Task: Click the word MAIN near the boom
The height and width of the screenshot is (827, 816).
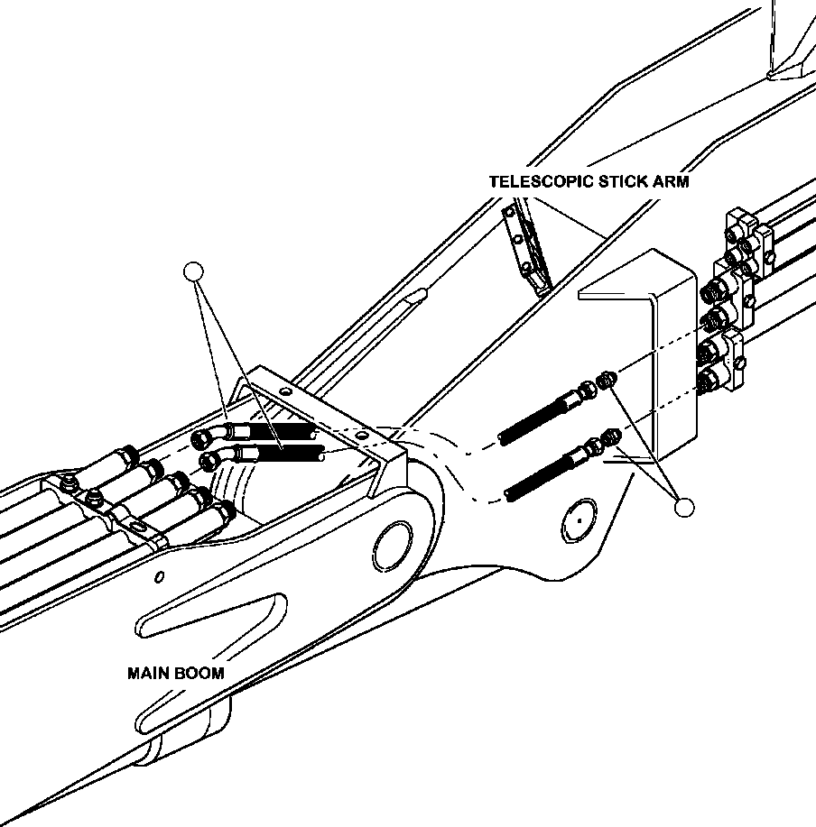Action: pos(148,673)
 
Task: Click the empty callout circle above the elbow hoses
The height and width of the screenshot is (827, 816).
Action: pos(193,271)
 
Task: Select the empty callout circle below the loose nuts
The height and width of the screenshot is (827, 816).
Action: pos(685,508)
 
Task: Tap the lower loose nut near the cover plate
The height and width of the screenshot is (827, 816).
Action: pos(612,436)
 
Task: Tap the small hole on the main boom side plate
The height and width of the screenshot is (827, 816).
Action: pos(159,577)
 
